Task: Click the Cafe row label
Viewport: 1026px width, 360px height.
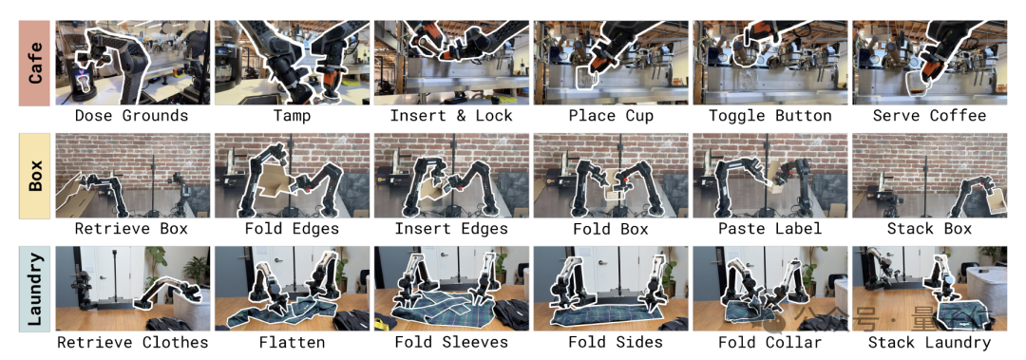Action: (x=35, y=62)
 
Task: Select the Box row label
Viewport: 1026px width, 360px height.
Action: (x=35, y=176)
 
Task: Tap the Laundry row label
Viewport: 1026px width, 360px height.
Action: (x=35, y=289)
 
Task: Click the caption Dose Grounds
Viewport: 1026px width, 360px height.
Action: (x=131, y=117)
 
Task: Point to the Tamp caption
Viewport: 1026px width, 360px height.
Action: (x=293, y=117)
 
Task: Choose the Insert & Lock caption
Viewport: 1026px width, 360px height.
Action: (x=452, y=117)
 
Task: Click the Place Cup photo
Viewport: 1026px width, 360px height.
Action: (x=611, y=63)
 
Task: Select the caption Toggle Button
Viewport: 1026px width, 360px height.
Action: (x=770, y=117)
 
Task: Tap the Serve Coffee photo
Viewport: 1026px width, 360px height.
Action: (x=929, y=63)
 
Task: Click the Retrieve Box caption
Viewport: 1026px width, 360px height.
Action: (x=131, y=229)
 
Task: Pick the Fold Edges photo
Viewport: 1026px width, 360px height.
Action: (x=292, y=176)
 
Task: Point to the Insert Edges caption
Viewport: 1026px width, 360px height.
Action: (x=452, y=230)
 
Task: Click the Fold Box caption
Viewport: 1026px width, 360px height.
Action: (x=611, y=229)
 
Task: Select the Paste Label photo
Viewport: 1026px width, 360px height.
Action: (x=770, y=176)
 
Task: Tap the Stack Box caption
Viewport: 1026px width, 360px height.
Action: (x=930, y=229)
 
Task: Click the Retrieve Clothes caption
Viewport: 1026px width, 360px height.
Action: (x=133, y=342)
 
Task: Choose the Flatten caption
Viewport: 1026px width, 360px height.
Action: (x=292, y=342)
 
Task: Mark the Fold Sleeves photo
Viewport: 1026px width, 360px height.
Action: (x=451, y=289)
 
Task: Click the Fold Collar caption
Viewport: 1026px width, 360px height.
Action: (x=770, y=342)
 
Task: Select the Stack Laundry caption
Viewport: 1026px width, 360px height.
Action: (x=930, y=342)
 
